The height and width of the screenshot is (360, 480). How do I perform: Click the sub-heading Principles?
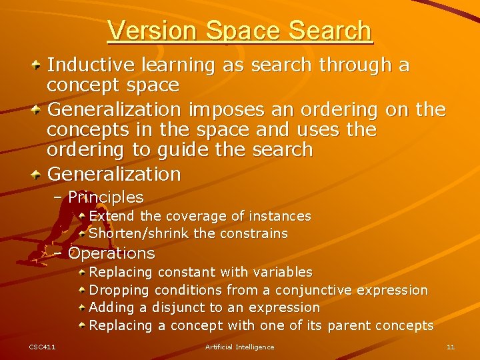coord(105,197)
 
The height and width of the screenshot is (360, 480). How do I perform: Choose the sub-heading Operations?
coord(111,253)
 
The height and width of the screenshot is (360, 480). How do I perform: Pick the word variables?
coord(281,272)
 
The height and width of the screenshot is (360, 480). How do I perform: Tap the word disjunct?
coord(178,307)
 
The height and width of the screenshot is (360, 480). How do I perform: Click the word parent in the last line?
coord(349,325)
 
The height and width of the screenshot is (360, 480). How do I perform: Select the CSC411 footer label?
coord(42,347)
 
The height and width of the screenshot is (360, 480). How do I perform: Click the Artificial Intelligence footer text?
coord(239,347)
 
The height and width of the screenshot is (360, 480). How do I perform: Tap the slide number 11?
coord(451,347)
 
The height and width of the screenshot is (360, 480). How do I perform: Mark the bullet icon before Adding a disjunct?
coord(81,307)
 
